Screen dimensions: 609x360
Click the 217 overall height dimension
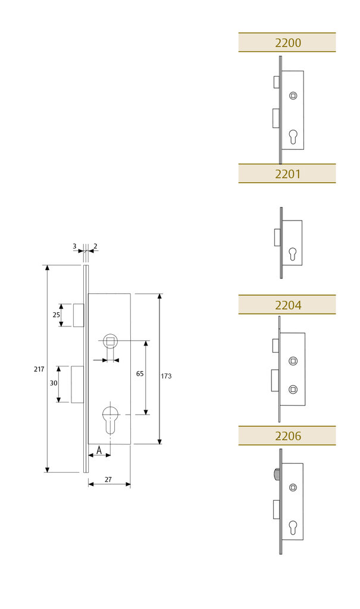pos(39,369)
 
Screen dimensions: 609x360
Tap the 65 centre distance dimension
pos(140,373)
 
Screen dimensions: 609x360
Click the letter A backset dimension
pos(99,450)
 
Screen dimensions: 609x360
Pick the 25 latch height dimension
pos(56,315)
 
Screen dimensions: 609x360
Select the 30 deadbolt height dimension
pos(54,384)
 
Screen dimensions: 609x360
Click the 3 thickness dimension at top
pos(74,245)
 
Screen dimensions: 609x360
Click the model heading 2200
pos(287,43)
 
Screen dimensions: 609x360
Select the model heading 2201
pos(287,174)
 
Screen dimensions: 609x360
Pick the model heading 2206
pos(287,436)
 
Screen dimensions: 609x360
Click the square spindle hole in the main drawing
pos(110,341)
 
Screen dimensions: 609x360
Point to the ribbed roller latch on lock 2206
pos(276,474)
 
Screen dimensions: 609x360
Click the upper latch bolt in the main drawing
pos(78,315)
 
